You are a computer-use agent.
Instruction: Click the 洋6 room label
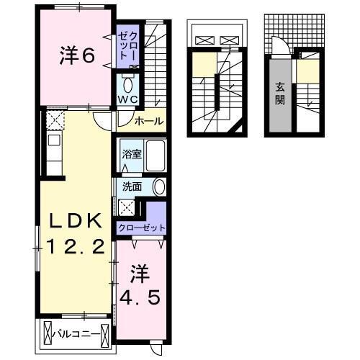point(77,56)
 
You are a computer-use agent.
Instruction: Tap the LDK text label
point(76,221)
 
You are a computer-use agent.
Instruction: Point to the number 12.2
point(76,246)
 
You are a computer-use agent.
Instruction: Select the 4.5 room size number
point(140,297)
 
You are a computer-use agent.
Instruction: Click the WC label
point(127,99)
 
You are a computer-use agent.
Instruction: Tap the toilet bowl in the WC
point(127,85)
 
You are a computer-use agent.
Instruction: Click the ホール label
point(149,121)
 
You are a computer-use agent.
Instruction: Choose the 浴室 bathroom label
point(132,154)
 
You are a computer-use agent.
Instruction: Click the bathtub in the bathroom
point(156,156)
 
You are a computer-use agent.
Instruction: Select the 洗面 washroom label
point(132,186)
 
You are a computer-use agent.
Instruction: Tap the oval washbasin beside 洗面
point(159,187)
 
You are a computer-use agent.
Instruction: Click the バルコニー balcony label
point(76,334)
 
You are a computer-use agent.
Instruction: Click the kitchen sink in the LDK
point(54,140)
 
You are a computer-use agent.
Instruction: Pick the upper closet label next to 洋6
point(127,46)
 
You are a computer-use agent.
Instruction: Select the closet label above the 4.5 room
point(142,228)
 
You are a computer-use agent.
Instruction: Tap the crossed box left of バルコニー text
point(48,334)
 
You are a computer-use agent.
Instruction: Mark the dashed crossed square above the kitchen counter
point(55,121)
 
